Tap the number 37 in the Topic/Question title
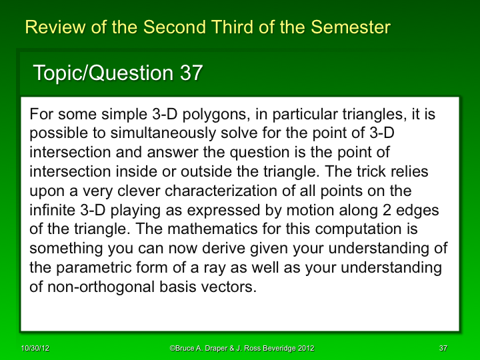(191, 73)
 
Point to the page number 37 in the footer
(443, 348)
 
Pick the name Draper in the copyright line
(215, 348)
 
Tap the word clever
(139, 192)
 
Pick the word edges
(420, 211)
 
